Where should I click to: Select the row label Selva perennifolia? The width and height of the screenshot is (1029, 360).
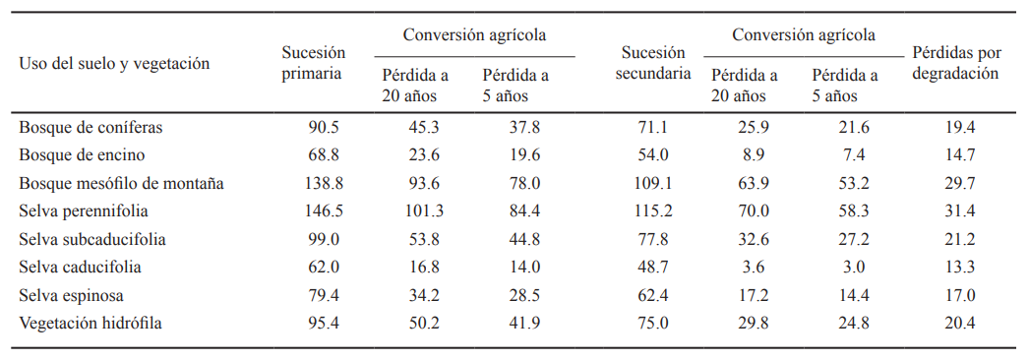[x=79, y=210]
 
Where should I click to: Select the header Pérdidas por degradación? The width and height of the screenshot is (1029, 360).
[x=955, y=63]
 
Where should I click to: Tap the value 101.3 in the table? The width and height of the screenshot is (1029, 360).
[x=425, y=210]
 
